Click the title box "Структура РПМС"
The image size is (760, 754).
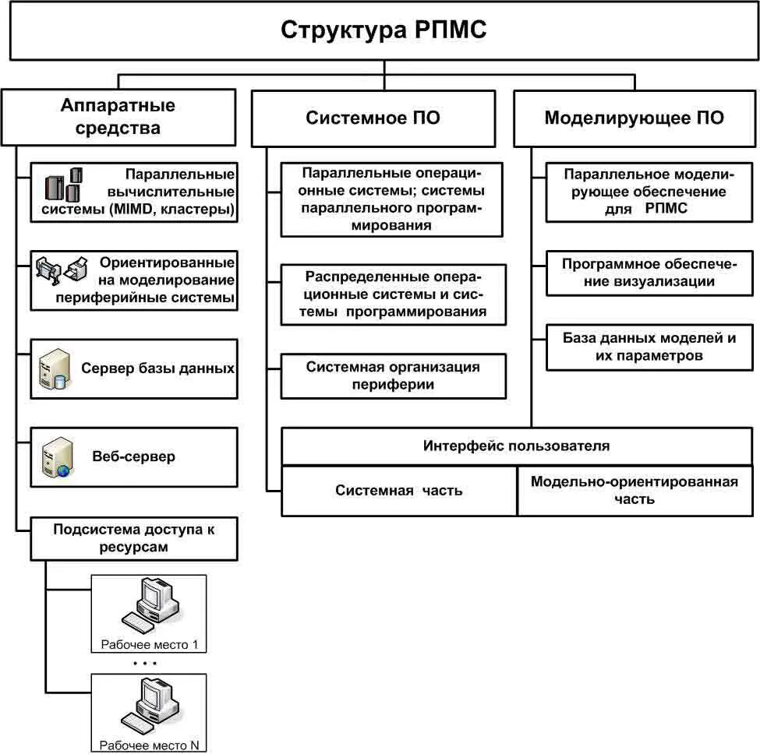click(x=384, y=31)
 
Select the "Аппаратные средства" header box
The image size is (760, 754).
click(x=118, y=117)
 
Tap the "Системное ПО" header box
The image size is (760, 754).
click(x=373, y=118)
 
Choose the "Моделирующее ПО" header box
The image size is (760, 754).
click(x=634, y=118)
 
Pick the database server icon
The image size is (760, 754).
click(x=53, y=369)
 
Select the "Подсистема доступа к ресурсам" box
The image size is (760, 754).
click(x=134, y=538)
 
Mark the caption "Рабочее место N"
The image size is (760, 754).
click(x=149, y=745)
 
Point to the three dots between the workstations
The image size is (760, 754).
click(x=145, y=663)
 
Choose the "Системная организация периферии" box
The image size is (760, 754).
click(x=393, y=375)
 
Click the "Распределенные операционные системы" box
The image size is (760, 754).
click(x=393, y=294)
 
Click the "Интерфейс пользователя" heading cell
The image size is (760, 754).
click(x=517, y=446)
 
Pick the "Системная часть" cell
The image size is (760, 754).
click(x=399, y=491)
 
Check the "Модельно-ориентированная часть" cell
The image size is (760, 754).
click(x=635, y=491)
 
